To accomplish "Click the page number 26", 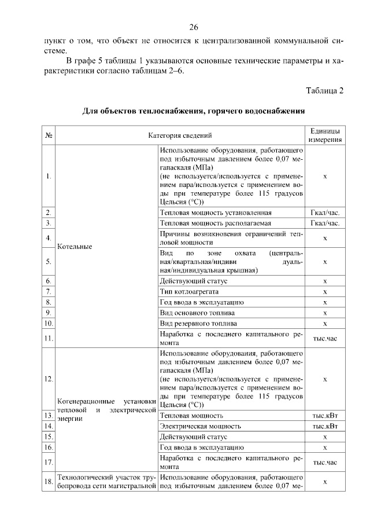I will pyautogui.click(x=194, y=28).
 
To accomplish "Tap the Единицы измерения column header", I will pyautogui.click(x=325, y=135).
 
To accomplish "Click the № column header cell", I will pyautogui.click(x=49, y=135).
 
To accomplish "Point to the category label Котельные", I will pyautogui.click(x=73, y=246).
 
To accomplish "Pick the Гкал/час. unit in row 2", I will pyautogui.click(x=325, y=212).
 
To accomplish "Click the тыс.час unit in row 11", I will pyautogui.click(x=325, y=338).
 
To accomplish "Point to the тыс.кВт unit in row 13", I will pyautogui.click(x=325, y=416).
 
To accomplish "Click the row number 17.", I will pyautogui.click(x=49, y=462).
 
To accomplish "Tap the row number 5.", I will pyautogui.click(x=49, y=262).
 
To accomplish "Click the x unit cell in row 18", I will pyautogui.click(x=325, y=482).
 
